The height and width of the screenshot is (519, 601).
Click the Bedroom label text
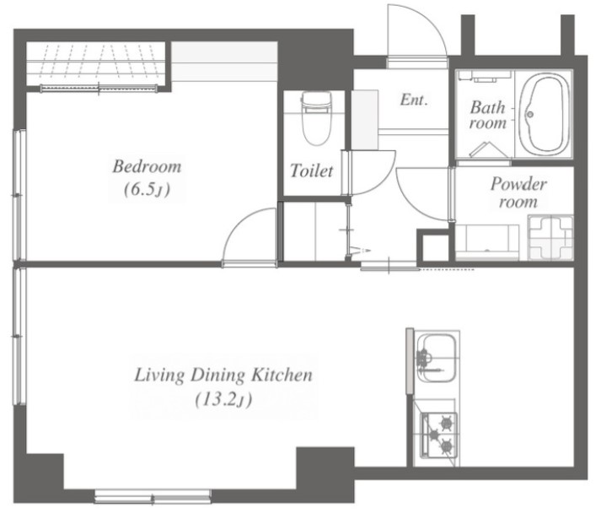pyautogui.click(x=147, y=167)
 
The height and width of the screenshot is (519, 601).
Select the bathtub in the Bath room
pyautogui.click(x=544, y=114)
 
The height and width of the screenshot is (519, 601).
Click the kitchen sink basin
pyautogui.click(x=437, y=358)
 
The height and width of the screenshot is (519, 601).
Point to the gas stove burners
pyautogui.click(x=440, y=435)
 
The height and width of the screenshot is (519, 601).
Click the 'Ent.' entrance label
pyautogui.click(x=414, y=100)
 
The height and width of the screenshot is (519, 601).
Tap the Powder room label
pyautogui.click(x=518, y=193)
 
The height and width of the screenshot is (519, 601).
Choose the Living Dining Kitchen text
pyautogui.click(x=223, y=375)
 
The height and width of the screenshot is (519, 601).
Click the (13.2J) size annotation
pyautogui.click(x=223, y=400)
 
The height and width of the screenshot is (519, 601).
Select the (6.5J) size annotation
pyautogui.click(x=147, y=189)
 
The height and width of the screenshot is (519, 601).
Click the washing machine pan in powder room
pyautogui.click(x=550, y=238)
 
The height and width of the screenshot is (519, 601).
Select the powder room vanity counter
pyautogui.click(x=487, y=242)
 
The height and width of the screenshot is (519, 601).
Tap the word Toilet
pyautogui.click(x=311, y=170)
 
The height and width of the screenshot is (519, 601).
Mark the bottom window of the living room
pyautogui.click(x=153, y=496)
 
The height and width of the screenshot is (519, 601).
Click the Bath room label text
pyautogui.click(x=487, y=115)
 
